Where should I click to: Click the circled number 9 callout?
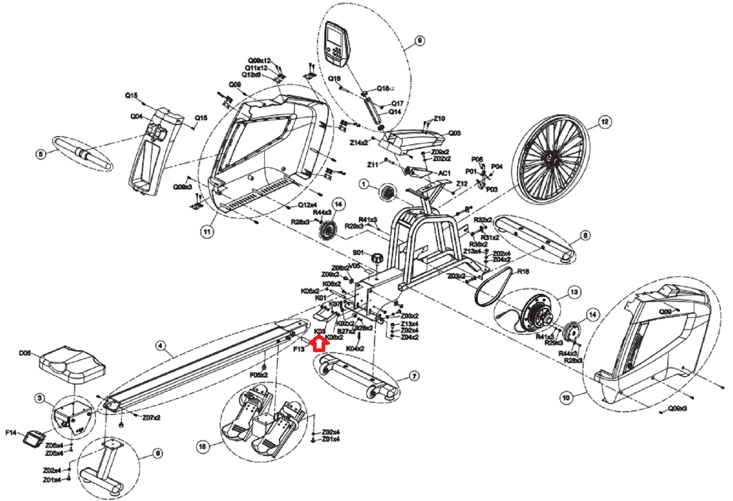(x=419, y=41)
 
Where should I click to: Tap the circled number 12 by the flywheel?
(x=605, y=122)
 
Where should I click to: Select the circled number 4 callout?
(x=160, y=346)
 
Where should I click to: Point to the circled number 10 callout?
(x=566, y=398)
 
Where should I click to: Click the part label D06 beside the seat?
(x=25, y=353)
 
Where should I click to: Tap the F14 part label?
(x=11, y=432)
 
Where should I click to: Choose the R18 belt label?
(x=523, y=271)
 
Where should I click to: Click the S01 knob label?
(x=359, y=252)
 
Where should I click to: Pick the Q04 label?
(x=136, y=117)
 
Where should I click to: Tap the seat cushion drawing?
(x=73, y=364)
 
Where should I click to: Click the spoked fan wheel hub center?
(x=550, y=159)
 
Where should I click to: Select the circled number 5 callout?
(x=41, y=154)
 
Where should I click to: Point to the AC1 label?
(x=444, y=173)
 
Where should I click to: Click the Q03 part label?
(x=455, y=133)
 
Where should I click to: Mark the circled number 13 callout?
(x=574, y=292)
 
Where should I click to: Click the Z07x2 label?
(x=151, y=418)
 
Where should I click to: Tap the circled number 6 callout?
(x=157, y=453)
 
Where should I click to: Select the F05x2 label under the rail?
(x=259, y=375)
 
